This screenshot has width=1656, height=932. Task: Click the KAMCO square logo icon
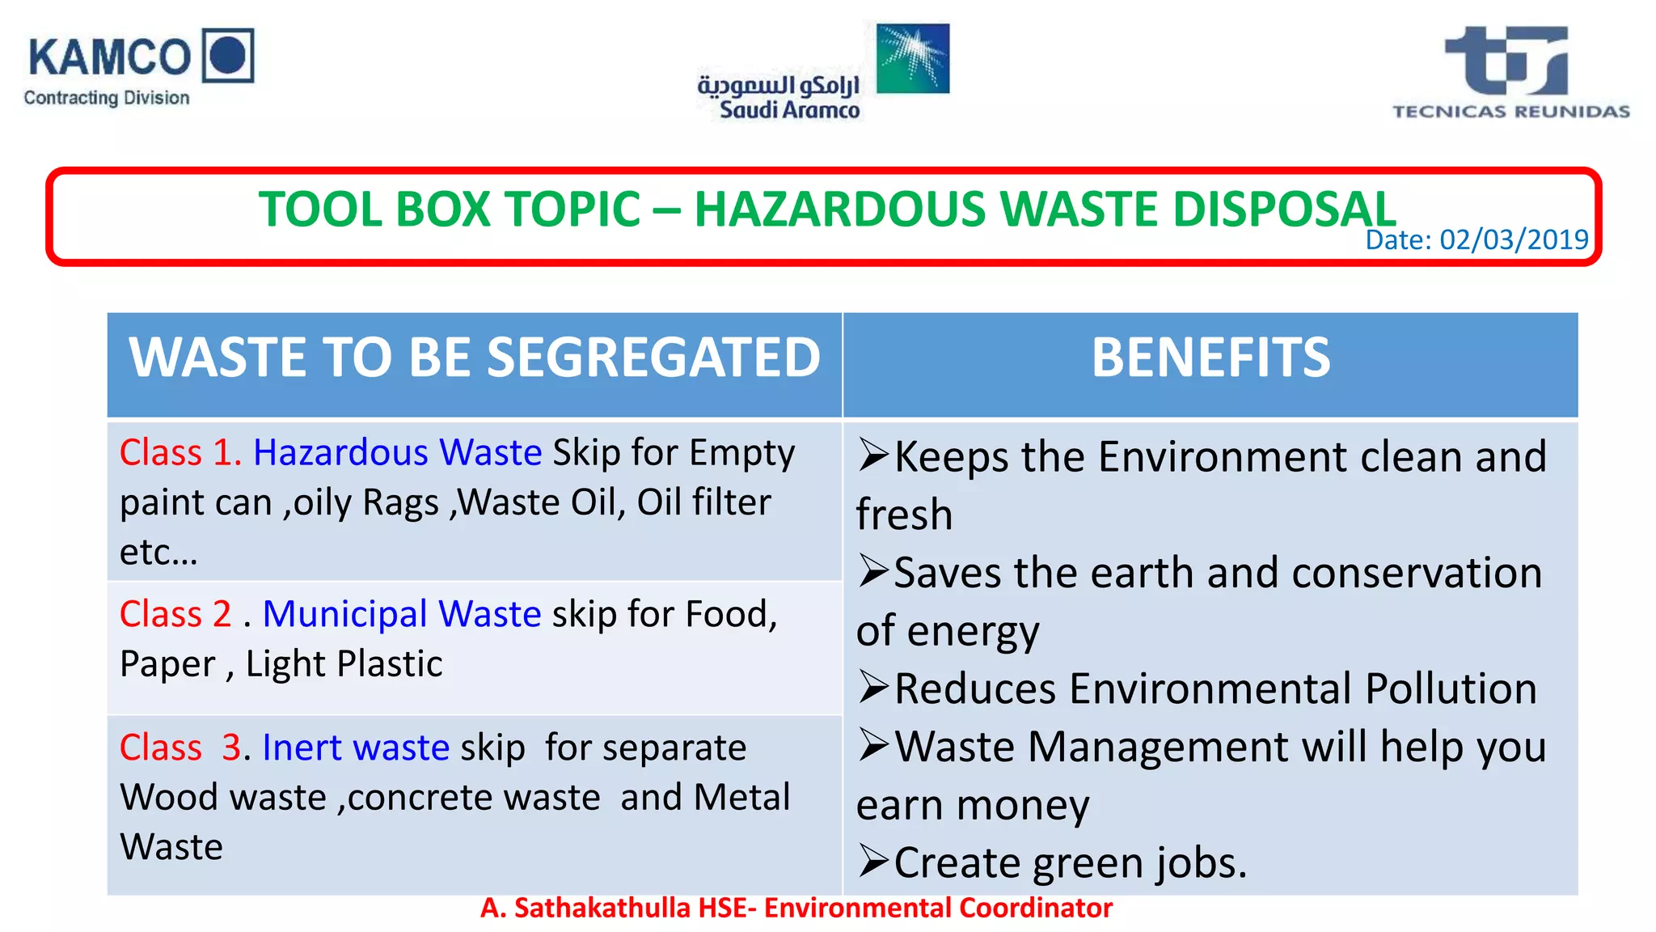(x=227, y=55)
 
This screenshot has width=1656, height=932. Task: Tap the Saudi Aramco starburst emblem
(x=913, y=57)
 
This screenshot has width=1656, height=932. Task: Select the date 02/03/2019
(x=1514, y=239)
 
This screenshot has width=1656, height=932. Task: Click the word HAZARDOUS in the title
(x=840, y=209)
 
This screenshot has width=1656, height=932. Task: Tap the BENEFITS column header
(x=1210, y=357)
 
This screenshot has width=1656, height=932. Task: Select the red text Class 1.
(x=180, y=452)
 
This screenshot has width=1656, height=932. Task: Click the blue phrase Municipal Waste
(x=402, y=614)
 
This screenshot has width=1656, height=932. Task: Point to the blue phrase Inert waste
(x=356, y=748)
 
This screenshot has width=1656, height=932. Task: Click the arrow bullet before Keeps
(x=874, y=455)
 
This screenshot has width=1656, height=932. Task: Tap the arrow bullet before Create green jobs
(x=874, y=862)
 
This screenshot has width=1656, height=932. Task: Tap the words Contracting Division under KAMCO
(x=107, y=98)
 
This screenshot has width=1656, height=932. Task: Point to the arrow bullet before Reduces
(x=874, y=688)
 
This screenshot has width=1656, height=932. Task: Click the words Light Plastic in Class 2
(x=344, y=664)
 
